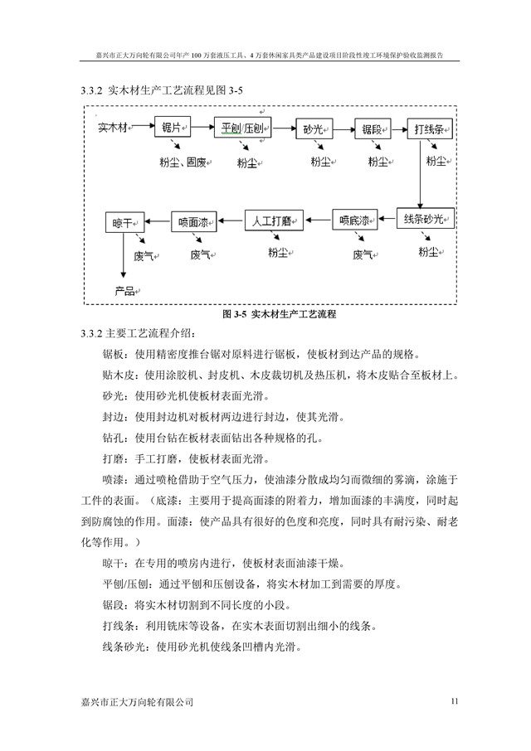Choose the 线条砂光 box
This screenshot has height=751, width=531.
[425, 219]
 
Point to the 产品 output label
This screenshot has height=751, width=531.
[126, 291]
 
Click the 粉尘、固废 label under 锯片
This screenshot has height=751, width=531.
[183, 162]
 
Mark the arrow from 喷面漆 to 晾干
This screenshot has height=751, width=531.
[158, 221]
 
